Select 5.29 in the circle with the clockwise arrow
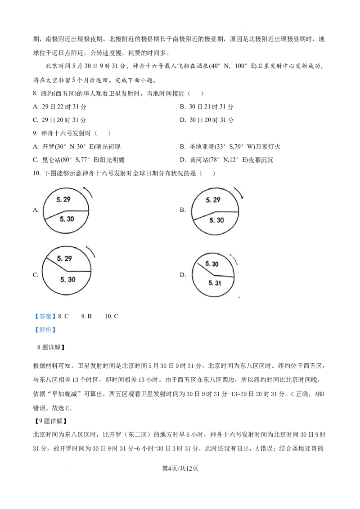pos(213,200)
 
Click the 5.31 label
pos(216,283)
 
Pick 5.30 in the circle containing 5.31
pos(212,264)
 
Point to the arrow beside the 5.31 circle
pos(233,260)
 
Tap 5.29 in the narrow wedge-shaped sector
pos(64,259)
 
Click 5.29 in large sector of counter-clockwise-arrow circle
pos(63,198)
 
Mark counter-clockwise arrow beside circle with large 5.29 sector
pos(89,191)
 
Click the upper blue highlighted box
pos(45,317)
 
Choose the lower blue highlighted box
pos(45,330)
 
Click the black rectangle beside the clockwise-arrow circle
pos(181,208)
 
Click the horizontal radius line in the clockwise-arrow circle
pos(227,211)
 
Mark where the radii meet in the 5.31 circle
pos(214,275)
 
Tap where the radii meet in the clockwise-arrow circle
pos(215,211)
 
